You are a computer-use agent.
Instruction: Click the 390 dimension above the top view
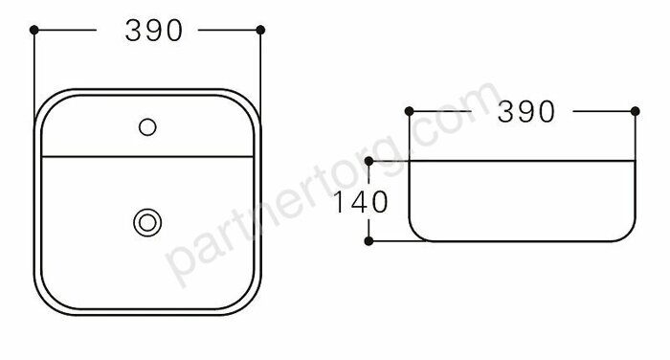pos(154,31)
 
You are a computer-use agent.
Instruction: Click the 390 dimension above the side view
pos(526,112)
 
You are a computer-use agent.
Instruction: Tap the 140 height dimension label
pos(360,202)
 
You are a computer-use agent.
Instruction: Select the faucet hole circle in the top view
pos(147,127)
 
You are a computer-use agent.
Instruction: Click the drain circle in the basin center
pos(147,223)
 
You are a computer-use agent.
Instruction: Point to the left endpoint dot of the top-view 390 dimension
pos(34,30)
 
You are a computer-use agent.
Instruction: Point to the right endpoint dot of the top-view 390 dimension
pos(260,30)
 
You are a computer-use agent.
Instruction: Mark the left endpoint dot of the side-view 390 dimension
pos(409,111)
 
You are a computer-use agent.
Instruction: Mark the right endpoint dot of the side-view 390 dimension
pos(636,111)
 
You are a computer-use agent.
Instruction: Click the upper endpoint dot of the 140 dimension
pos(368,161)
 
